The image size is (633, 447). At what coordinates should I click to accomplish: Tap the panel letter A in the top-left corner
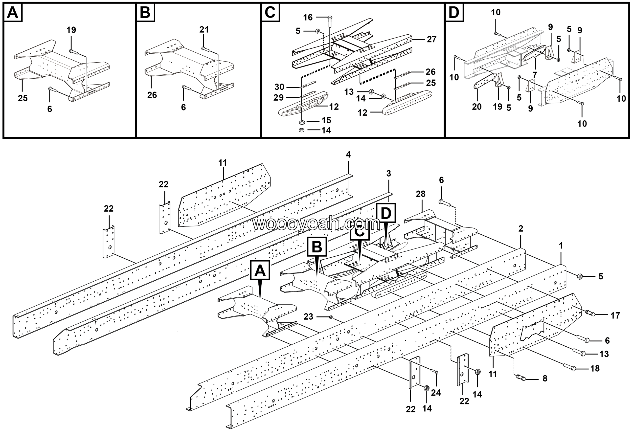click(x=13, y=13)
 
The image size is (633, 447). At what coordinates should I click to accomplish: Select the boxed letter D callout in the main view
click(x=385, y=213)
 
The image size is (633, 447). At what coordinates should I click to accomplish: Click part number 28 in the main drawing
click(x=420, y=194)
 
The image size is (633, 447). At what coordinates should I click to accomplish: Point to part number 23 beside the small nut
click(x=308, y=317)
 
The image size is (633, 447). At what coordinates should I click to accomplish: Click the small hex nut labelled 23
click(x=331, y=317)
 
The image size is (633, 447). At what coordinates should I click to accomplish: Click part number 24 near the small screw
click(x=436, y=392)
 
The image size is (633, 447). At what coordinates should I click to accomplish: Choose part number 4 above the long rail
click(x=348, y=155)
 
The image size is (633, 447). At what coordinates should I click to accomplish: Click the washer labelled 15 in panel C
click(x=302, y=122)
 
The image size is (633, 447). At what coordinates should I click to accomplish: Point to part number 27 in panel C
click(x=431, y=39)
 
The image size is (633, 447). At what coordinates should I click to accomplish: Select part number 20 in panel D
click(x=477, y=107)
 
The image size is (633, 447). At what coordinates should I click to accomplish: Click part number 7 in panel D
click(x=535, y=75)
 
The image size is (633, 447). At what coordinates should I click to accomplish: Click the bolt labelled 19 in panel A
click(x=70, y=51)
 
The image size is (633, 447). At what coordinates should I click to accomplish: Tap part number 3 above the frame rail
click(x=388, y=174)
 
